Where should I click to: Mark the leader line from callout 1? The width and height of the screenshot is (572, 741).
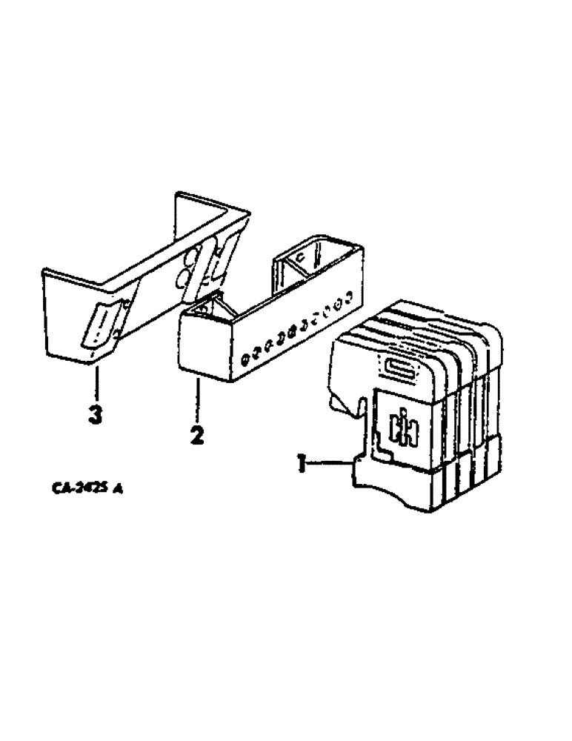tap(330, 464)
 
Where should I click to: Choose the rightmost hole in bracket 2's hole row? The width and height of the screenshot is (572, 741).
tap(347, 303)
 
